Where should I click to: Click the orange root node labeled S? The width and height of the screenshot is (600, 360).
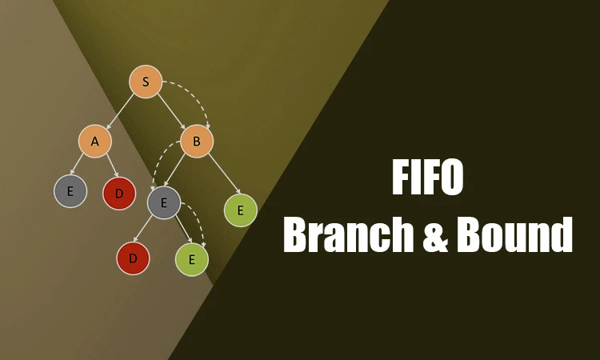(x=146, y=82)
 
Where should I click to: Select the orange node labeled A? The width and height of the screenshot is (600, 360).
(x=95, y=141)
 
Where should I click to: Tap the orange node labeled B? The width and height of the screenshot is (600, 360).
(x=197, y=141)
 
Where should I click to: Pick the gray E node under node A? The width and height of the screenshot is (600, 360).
(x=70, y=191)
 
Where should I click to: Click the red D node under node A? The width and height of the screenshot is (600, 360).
(x=119, y=193)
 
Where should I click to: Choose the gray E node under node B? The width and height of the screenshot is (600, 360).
(x=164, y=202)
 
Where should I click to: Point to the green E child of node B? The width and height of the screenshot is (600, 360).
(x=240, y=210)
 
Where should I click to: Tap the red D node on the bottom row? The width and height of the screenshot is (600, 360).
(x=133, y=258)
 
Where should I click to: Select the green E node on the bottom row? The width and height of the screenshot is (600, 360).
(x=192, y=259)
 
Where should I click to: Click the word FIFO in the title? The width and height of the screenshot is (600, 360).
(x=428, y=177)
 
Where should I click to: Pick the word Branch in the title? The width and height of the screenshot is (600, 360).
(x=349, y=234)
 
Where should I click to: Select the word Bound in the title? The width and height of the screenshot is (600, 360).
(x=514, y=234)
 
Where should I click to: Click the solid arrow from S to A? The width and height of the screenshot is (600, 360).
(x=120, y=111)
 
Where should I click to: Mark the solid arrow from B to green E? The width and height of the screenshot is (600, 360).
(x=224, y=174)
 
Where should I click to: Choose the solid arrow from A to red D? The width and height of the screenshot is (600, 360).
(x=113, y=166)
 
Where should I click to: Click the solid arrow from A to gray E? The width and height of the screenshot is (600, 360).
(x=77, y=165)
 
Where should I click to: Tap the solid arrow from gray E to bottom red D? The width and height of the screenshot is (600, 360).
(x=143, y=230)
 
